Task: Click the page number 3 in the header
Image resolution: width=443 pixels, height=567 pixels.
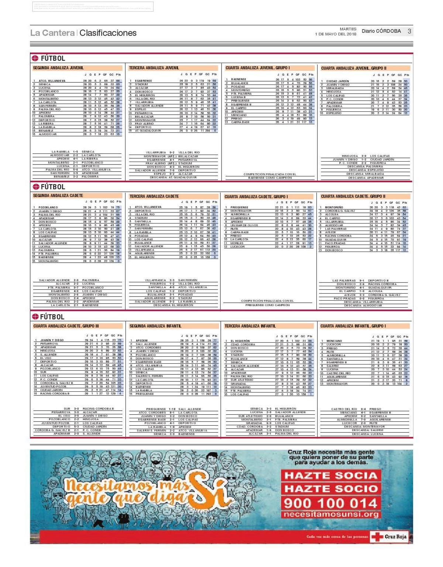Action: coord(409,31)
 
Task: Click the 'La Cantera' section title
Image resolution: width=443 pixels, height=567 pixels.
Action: coord(52,33)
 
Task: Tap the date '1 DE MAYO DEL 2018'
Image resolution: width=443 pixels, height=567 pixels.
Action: coord(336,34)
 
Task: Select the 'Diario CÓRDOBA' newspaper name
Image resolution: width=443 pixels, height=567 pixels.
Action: coord(381,31)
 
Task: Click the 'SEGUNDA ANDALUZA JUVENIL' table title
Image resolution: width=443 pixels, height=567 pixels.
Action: coord(58,68)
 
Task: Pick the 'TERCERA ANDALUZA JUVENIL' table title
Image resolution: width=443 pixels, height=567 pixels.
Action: coord(154,68)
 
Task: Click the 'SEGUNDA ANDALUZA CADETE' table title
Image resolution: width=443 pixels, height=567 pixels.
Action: coord(58,196)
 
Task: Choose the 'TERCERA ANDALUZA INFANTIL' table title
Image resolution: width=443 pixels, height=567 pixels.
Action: coord(250,326)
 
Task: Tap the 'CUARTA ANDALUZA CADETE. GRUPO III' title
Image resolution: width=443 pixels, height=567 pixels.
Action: coord(66,326)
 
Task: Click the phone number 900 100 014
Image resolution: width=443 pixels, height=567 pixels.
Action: coord(330,503)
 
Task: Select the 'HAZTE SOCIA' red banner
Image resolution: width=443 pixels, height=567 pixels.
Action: coord(330,476)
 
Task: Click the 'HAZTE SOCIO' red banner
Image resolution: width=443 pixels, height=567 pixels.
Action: coord(330,489)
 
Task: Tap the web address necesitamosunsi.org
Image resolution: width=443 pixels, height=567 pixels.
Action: coord(330,515)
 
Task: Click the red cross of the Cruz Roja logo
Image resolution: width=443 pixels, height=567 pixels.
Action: coord(377,537)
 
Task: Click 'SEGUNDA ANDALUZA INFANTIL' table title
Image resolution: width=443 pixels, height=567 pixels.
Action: coord(155,326)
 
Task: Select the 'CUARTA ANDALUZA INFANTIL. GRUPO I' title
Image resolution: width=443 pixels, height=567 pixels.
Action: coord(353,326)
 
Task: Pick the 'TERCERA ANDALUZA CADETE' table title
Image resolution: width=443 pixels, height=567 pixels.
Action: coord(154,196)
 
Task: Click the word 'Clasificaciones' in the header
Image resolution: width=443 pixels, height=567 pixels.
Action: coord(108,33)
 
